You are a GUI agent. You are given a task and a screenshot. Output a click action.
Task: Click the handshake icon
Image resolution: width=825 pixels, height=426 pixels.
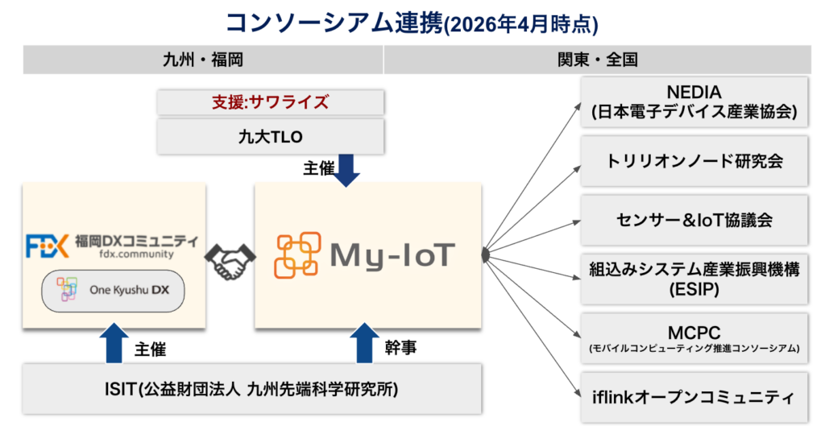tap(230, 259)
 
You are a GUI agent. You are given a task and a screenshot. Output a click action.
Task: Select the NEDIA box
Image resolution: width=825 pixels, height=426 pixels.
tap(694, 101)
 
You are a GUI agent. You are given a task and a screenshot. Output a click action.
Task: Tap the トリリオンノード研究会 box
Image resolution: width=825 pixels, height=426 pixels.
tap(694, 161)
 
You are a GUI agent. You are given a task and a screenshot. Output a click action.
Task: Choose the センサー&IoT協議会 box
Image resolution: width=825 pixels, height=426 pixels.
tap(694, 220)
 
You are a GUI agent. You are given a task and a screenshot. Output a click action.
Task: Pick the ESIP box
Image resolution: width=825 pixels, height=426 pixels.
tap(694, 279)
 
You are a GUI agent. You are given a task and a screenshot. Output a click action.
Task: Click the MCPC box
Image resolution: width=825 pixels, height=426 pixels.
tap(694, 338)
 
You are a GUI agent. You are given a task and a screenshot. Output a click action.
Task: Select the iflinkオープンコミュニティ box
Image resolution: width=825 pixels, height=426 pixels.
tap(694, 397)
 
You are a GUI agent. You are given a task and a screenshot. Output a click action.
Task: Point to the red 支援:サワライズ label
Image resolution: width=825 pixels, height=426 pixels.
tap(271, 102)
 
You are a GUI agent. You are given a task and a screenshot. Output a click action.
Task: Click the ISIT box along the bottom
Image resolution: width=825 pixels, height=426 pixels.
tap(253, 391)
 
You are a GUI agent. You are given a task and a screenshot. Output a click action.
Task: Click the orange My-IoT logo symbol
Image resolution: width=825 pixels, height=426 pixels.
tap(297, 255)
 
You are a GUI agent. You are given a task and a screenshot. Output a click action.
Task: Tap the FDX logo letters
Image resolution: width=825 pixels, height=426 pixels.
tap(47, 245)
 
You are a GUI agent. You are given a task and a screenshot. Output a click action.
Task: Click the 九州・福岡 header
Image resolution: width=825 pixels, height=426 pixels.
tap(203, 60)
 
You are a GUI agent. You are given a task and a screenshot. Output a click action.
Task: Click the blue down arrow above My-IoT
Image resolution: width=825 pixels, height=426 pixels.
tap(346, 170)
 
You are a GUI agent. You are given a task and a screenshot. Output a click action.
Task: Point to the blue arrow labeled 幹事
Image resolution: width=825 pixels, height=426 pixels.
tap(366, 342)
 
